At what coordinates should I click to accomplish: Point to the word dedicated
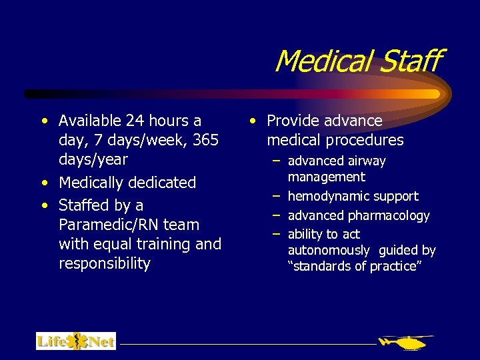[x=162, y=183]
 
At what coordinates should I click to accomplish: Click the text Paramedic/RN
[x=105, y=225]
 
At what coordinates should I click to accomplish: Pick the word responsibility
[x=105, y=263]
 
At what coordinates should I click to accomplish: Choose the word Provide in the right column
[x=293, y=121]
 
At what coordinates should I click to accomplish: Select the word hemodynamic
[x=325, y=196]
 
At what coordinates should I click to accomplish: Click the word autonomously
[x=328, y=250]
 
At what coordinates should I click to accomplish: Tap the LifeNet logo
[x=76, y=341]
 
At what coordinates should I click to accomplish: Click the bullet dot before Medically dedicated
[x=44, y=183]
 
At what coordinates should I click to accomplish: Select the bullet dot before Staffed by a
[x=44, y=205]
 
